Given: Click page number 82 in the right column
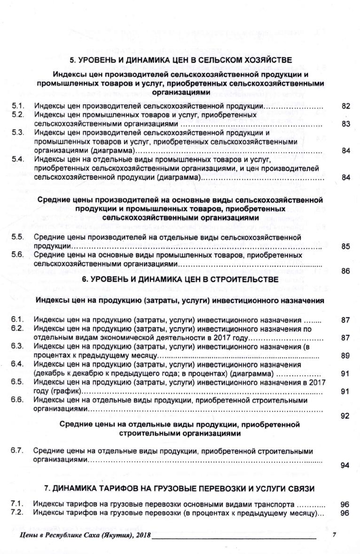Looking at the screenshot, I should click(x=346, y=107).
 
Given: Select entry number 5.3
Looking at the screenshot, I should click(x=18, y=133).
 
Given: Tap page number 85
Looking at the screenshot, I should click(x=346, y=245).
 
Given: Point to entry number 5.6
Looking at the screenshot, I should click(x=18, y=255).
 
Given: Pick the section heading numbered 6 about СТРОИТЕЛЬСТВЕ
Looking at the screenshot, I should click(x=180, y=279).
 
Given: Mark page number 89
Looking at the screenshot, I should click(x=346, y=355).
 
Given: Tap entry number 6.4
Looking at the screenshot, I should click(x=18, y=364).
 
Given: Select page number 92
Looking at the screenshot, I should click(x=346, y=416).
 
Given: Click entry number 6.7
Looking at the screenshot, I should click(x=18, y=451).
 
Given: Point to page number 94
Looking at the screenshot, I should click(x=346, y=466).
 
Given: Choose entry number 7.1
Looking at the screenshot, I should click(x=18, y=505).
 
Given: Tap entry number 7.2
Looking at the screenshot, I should click(x=18, y=513).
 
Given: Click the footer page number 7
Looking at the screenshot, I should click(x=334, y=535).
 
